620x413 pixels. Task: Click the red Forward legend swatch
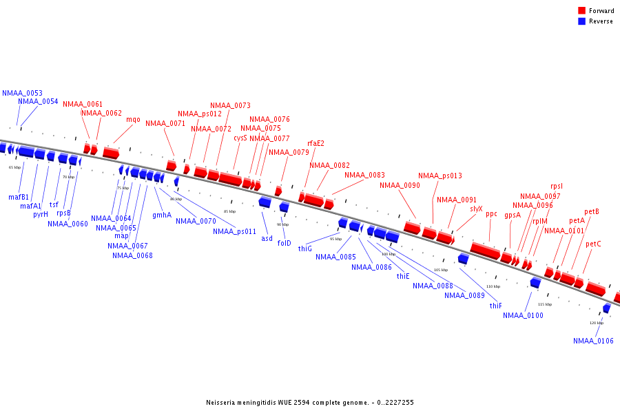[x=581, y=11]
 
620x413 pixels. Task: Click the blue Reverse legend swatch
[x=581, y=21]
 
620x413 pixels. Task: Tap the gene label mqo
[x=133, y=120]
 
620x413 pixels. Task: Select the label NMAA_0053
[x=22, y=93]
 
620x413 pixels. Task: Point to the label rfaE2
[x=316, y=144]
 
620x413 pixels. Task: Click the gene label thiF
[x=496, y=306]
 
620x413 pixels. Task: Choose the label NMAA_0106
[x=593, y=341]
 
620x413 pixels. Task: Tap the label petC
[x=593, y=244]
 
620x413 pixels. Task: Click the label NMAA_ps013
[x=440, y=176]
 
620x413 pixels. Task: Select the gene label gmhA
[x=162, y=215]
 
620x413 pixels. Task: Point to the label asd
[x=267, y=239]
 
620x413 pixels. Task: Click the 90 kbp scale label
[x=283, y=224]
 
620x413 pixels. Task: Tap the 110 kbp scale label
[x=493, y=286]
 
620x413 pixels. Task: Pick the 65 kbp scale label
[x=14, y=167]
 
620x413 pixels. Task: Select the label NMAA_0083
[x=364, y=176]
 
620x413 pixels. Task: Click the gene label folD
[x=285, y=243]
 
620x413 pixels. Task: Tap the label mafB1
[x=19, y=198]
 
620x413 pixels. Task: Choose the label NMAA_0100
[x=523, y=316]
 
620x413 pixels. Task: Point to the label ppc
[x=491, y=214]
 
